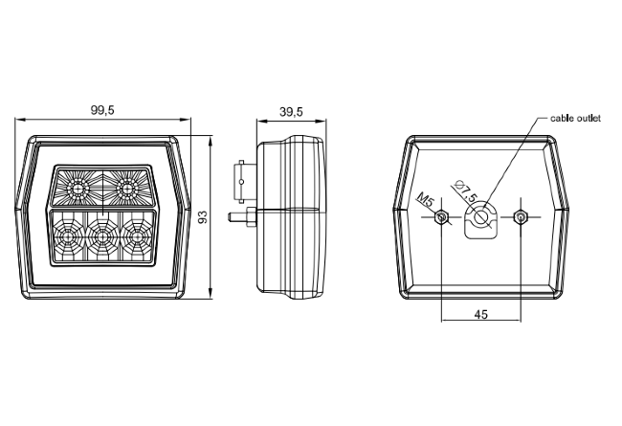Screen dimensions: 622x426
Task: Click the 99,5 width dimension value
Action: tap(102, 110)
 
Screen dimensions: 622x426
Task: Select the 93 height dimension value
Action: tap(203, 216)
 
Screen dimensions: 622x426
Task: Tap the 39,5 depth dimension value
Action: tap(291, 112)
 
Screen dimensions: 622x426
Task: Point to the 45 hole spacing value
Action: tap(480, 314)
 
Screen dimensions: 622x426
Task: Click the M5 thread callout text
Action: tap(425, 200)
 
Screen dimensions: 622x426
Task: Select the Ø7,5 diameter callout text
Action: tap(466, 191)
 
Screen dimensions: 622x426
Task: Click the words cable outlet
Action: tap(575, 119)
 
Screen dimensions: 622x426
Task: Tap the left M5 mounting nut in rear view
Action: tap(441, 217)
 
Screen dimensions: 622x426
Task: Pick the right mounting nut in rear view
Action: tap(520, 216)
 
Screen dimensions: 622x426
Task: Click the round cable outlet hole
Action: tap(481, 216)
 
